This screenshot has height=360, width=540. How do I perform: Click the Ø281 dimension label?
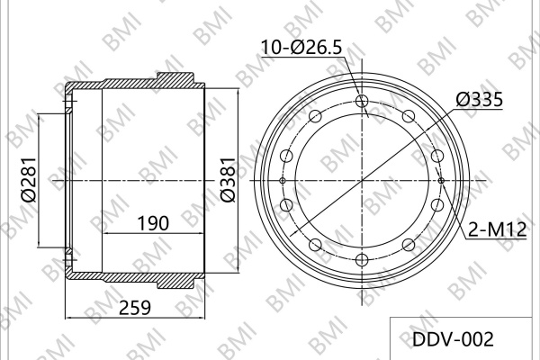click(x=29, y=179)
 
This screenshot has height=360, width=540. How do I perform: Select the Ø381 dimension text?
click(x=228, y=179)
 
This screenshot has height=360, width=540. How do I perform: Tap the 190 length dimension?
click(x=153, y=223)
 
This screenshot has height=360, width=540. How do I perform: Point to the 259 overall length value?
click(x=135, y=308)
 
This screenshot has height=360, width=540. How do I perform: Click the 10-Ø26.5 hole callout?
click(x=302, y=47)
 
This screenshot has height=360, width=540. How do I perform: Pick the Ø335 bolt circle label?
click(x=480, y=100)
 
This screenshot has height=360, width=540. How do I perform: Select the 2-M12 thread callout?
click(x=498, y=229)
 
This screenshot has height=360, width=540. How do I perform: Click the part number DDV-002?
click(x=453, y=339)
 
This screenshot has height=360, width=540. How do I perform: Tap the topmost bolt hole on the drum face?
click(x=362, y=101)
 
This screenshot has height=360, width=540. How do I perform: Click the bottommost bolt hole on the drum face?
click(x=362, y=260)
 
